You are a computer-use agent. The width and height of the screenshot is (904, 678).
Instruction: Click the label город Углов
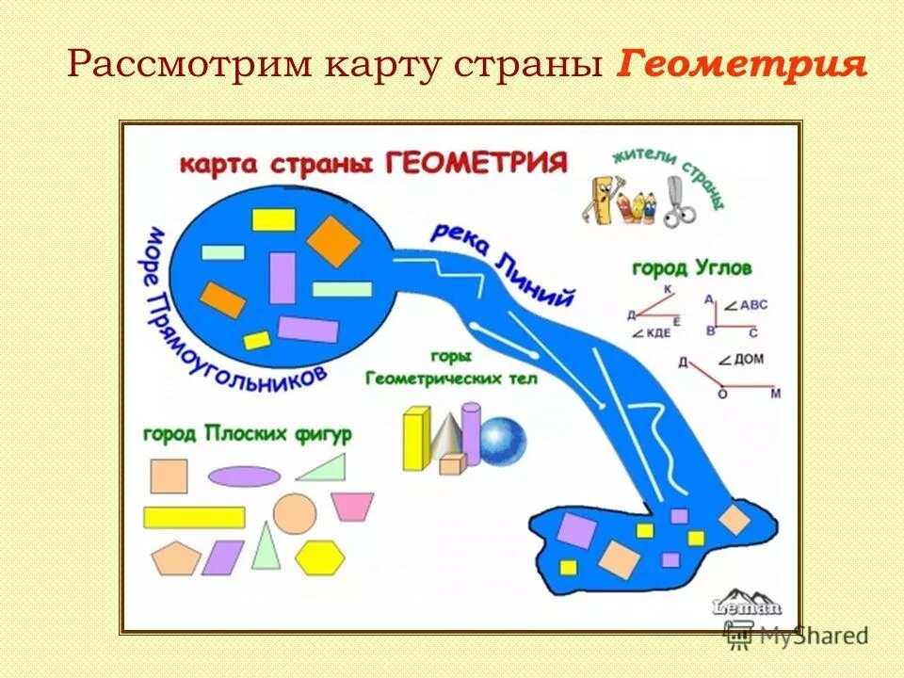pos(691,269)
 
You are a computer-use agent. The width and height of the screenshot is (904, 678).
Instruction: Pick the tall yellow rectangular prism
pos(415,439)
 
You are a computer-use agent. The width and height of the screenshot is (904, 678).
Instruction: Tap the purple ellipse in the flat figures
pos(245,476)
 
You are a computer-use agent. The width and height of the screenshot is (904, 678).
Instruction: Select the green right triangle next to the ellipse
pos(323,468)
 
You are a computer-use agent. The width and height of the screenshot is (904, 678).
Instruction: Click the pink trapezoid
pos(352,507)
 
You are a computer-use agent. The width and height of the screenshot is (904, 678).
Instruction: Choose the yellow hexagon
pos(320,557)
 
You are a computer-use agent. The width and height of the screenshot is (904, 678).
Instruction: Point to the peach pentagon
pos(175,557)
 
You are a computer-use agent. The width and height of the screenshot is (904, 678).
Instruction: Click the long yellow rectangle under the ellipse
pos(194,517)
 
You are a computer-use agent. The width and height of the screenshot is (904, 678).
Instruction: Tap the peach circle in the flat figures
pos(295,513)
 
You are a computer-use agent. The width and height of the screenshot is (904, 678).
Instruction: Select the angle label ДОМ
pos(749,360)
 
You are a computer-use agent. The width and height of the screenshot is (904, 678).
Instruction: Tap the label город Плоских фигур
pos(248,434)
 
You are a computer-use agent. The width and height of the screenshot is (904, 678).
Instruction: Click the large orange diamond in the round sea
pos(333,241)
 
